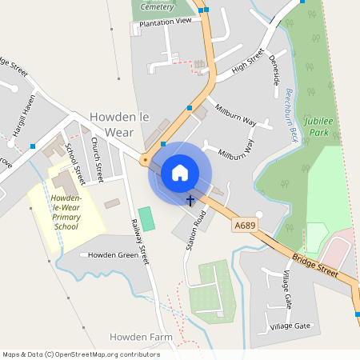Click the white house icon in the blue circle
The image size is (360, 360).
pos(180,173)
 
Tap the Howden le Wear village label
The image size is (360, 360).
pos(120,123)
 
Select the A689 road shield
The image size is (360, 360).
pos(245,226)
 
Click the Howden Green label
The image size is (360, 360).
pos(113,255)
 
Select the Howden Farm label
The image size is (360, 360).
pos(141,338)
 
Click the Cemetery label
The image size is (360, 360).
pos(156,6)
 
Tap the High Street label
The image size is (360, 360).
pos(248,62)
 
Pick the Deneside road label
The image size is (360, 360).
pos(274,70)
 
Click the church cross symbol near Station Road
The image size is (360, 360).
pos(190,200)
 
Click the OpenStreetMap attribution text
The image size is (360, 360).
pos(80,354)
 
